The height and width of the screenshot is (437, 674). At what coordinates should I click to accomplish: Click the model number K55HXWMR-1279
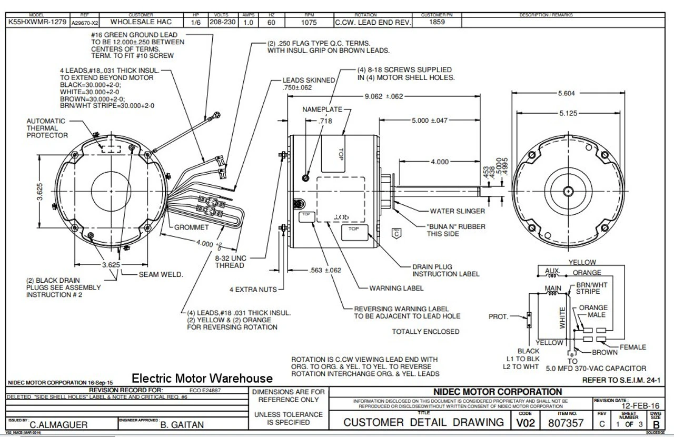[36, 23]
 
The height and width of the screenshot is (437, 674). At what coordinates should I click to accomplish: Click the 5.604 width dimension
[566, 93]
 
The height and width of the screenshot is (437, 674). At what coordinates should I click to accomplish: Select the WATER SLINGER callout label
[457, 211]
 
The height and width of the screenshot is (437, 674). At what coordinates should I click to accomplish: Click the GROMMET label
[192, 227]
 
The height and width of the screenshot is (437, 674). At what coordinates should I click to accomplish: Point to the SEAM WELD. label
[161, 274]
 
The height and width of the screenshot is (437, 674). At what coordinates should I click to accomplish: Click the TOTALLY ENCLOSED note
[425, 332]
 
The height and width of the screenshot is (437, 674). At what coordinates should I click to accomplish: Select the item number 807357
[566, 422]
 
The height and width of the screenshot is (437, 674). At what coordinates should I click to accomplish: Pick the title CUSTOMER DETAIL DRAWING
[423, 422]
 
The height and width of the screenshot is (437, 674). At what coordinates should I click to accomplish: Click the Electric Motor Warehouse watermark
[202, 378]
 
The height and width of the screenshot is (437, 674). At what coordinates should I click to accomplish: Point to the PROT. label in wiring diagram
[498, 317]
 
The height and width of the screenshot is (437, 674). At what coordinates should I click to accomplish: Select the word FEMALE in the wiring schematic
[632, 347]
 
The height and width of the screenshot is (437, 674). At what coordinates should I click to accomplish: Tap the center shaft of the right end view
[568, 190]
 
